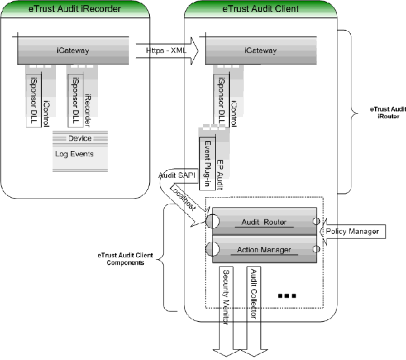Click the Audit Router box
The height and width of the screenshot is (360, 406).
pos(261,221)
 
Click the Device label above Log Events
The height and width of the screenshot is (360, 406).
pos(79,139)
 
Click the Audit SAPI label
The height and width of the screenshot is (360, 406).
pos(174,175)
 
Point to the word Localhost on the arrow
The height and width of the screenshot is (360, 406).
pos(182,197)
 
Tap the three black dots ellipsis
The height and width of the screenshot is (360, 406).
pos(287,297)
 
